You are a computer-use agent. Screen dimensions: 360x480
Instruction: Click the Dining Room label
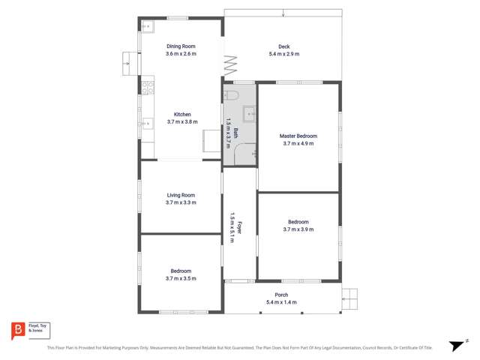[x=181, y=46]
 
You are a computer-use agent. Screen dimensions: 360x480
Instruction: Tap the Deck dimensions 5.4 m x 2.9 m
[x=283, y=54]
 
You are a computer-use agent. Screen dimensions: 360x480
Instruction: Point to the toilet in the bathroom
[x=232, y=95]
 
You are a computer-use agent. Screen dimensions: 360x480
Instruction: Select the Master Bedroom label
[x=298, y=136]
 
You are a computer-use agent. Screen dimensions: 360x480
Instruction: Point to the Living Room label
[x=181, y=195]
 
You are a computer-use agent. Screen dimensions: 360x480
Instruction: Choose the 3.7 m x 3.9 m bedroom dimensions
[x=298, y=229]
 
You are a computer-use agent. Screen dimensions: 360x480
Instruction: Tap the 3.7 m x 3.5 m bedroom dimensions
[x=181, y=278]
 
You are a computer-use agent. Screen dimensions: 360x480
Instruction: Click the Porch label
[x=281, y=295]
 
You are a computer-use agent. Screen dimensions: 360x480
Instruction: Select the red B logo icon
[x=17, y=330]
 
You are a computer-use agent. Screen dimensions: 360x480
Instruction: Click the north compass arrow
[x=455, y=345]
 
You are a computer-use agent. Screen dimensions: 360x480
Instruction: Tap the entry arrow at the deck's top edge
[x=283, y=12]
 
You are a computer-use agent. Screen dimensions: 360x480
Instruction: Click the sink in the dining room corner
[x=147, y=28]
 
